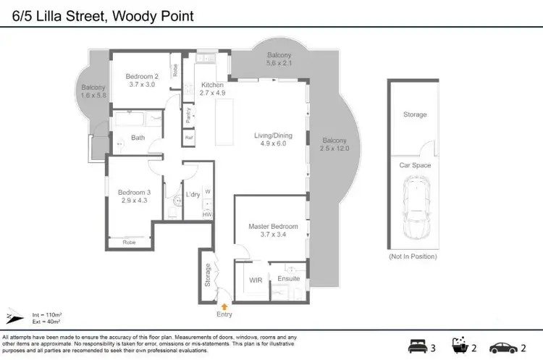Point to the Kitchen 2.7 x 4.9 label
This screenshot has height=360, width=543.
214,89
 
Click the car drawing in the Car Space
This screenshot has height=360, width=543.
415,210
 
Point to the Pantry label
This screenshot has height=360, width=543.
188,115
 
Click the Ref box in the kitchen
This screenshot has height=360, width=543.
189,138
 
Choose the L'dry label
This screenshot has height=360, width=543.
193,195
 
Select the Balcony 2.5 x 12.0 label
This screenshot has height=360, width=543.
334,144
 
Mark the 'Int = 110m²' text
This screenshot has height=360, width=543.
46,314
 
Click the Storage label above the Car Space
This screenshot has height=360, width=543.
415,114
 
